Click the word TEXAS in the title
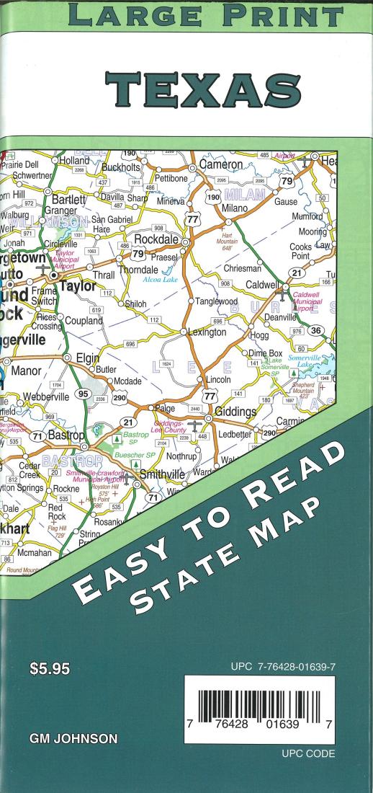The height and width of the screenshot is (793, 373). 203,89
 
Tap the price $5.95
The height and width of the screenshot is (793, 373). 50,670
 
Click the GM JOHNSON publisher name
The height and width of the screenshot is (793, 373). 73,739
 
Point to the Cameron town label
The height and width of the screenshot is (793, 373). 222,164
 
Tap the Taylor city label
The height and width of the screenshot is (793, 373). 77,285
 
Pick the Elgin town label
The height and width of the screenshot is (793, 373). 88,357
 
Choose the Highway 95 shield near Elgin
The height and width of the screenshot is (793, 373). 84,394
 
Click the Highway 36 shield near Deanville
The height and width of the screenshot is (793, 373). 315,330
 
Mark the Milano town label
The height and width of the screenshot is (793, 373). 235,208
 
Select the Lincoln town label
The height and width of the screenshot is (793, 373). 218,379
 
